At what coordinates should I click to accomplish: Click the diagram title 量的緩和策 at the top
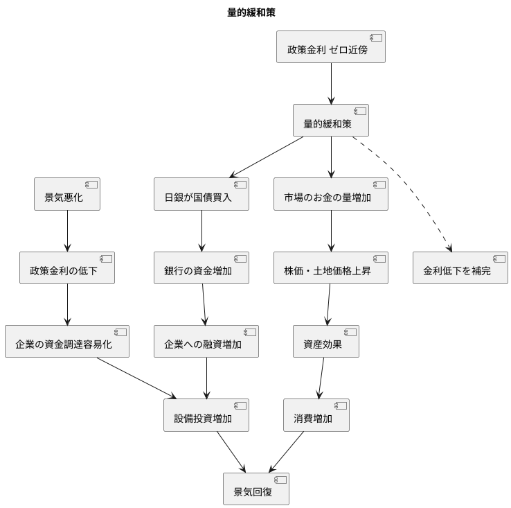(x=256, y=12)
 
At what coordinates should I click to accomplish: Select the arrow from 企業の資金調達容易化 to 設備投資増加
(x=135, y=378)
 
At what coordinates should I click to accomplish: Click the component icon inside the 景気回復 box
(x=280, y=480)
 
